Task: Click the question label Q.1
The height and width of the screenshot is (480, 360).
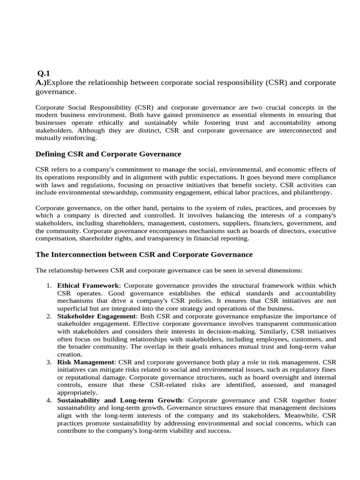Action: (43, 73)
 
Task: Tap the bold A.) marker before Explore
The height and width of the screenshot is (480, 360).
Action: (41, 82)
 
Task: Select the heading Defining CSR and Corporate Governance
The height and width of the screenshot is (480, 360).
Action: (108, 154)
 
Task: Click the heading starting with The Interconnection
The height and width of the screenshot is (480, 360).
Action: (144, 254)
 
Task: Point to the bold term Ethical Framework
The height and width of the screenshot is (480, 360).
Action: (88, 285)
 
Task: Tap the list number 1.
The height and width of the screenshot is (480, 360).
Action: (49, 285)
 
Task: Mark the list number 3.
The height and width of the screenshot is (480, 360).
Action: (49, 362)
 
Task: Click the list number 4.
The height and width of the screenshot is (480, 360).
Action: (49, 400)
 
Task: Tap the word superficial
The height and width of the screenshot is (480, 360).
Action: (73, 308)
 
